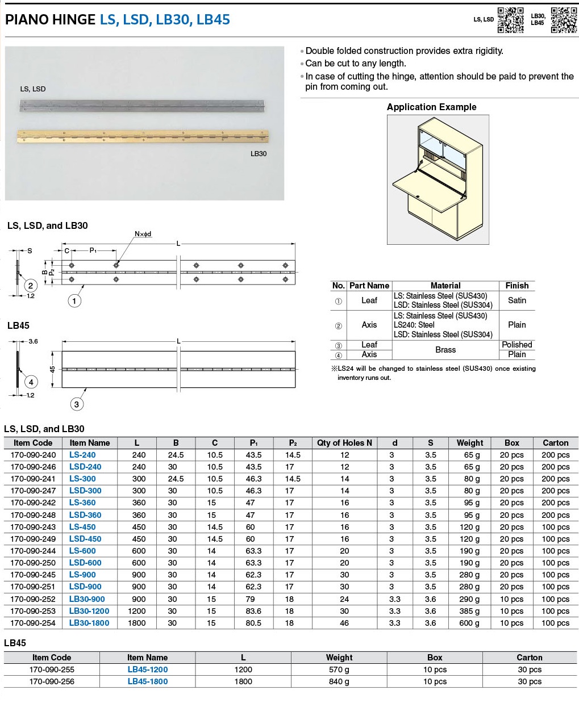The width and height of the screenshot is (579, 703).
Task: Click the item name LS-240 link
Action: [x=82, y=455]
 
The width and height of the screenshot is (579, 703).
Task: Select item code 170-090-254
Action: [x=33, y=623]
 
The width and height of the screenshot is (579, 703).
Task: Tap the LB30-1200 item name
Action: [x=89, y=611]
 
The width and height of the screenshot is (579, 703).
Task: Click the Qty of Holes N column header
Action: [x=344, y=443]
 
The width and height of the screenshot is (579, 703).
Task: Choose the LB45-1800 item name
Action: [x=148, y=681]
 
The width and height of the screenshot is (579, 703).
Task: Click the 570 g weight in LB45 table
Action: [x=339, y=669]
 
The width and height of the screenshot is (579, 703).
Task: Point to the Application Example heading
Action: [x=431, y=107]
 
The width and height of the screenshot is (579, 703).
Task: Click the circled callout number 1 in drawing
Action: [x=74, y=301]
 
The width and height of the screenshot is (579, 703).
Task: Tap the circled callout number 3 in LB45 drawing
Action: [x=77, y=404]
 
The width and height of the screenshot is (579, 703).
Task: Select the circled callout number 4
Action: [x=31, y=382]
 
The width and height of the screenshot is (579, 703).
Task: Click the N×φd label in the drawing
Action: [x=143, y=234]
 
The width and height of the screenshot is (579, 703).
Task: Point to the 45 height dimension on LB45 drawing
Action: [x=52, y=369]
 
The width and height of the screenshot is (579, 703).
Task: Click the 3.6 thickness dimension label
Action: [x=33, y=341]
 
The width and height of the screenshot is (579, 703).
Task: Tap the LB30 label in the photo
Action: [x=259, y=153]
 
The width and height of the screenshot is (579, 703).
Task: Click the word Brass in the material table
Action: [x=445, y=350]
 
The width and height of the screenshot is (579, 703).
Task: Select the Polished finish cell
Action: [x=516, y=345]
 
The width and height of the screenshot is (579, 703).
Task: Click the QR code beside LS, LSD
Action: [x=510, y=20]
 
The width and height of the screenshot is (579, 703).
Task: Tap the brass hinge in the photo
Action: [x=142, y=136]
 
